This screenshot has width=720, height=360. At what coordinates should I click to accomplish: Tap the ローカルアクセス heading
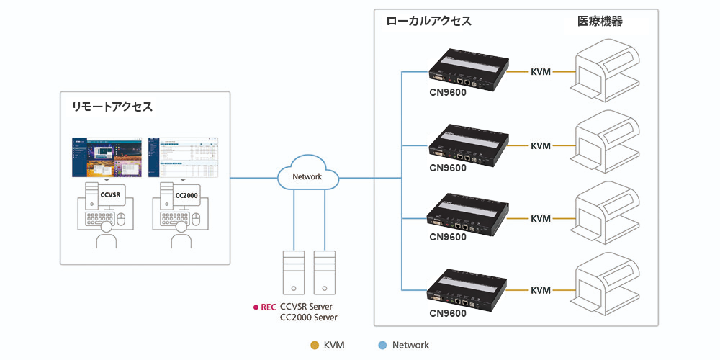point(429,22)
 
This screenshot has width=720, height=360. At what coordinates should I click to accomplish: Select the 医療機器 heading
point(600,22)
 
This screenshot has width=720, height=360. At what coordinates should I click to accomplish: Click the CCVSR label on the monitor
point(109,194)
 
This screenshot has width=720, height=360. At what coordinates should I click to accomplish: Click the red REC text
point(268,307)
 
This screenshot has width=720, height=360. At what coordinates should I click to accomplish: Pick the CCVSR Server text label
point(307,307)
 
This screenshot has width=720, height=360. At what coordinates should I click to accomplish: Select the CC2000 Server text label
point(308,318)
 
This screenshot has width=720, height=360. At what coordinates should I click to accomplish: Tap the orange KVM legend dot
point(313,345)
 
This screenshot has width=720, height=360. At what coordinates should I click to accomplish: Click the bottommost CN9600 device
point(469,287)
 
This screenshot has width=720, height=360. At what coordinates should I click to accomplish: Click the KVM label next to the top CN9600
point(541,72)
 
